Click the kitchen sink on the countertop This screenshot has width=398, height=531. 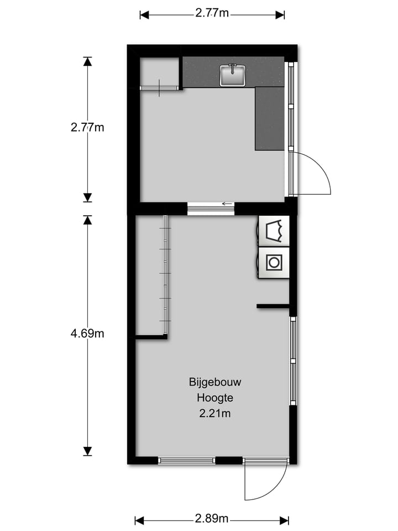[233, 76]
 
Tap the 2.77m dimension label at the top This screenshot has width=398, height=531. [212, 14]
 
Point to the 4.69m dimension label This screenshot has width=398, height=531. [87, 334]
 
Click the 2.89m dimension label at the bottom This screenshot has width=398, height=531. [212, 519]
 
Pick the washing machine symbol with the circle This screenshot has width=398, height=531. [274, 262]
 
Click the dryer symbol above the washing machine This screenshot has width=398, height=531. [274, 231]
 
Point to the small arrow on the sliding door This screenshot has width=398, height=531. [226, 204]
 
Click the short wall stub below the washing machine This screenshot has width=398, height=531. [273, 305]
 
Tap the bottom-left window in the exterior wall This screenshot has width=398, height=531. [186, 460]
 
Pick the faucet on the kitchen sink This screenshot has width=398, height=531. [233, 68]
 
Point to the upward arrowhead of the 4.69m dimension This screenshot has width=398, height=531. [87, 220]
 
